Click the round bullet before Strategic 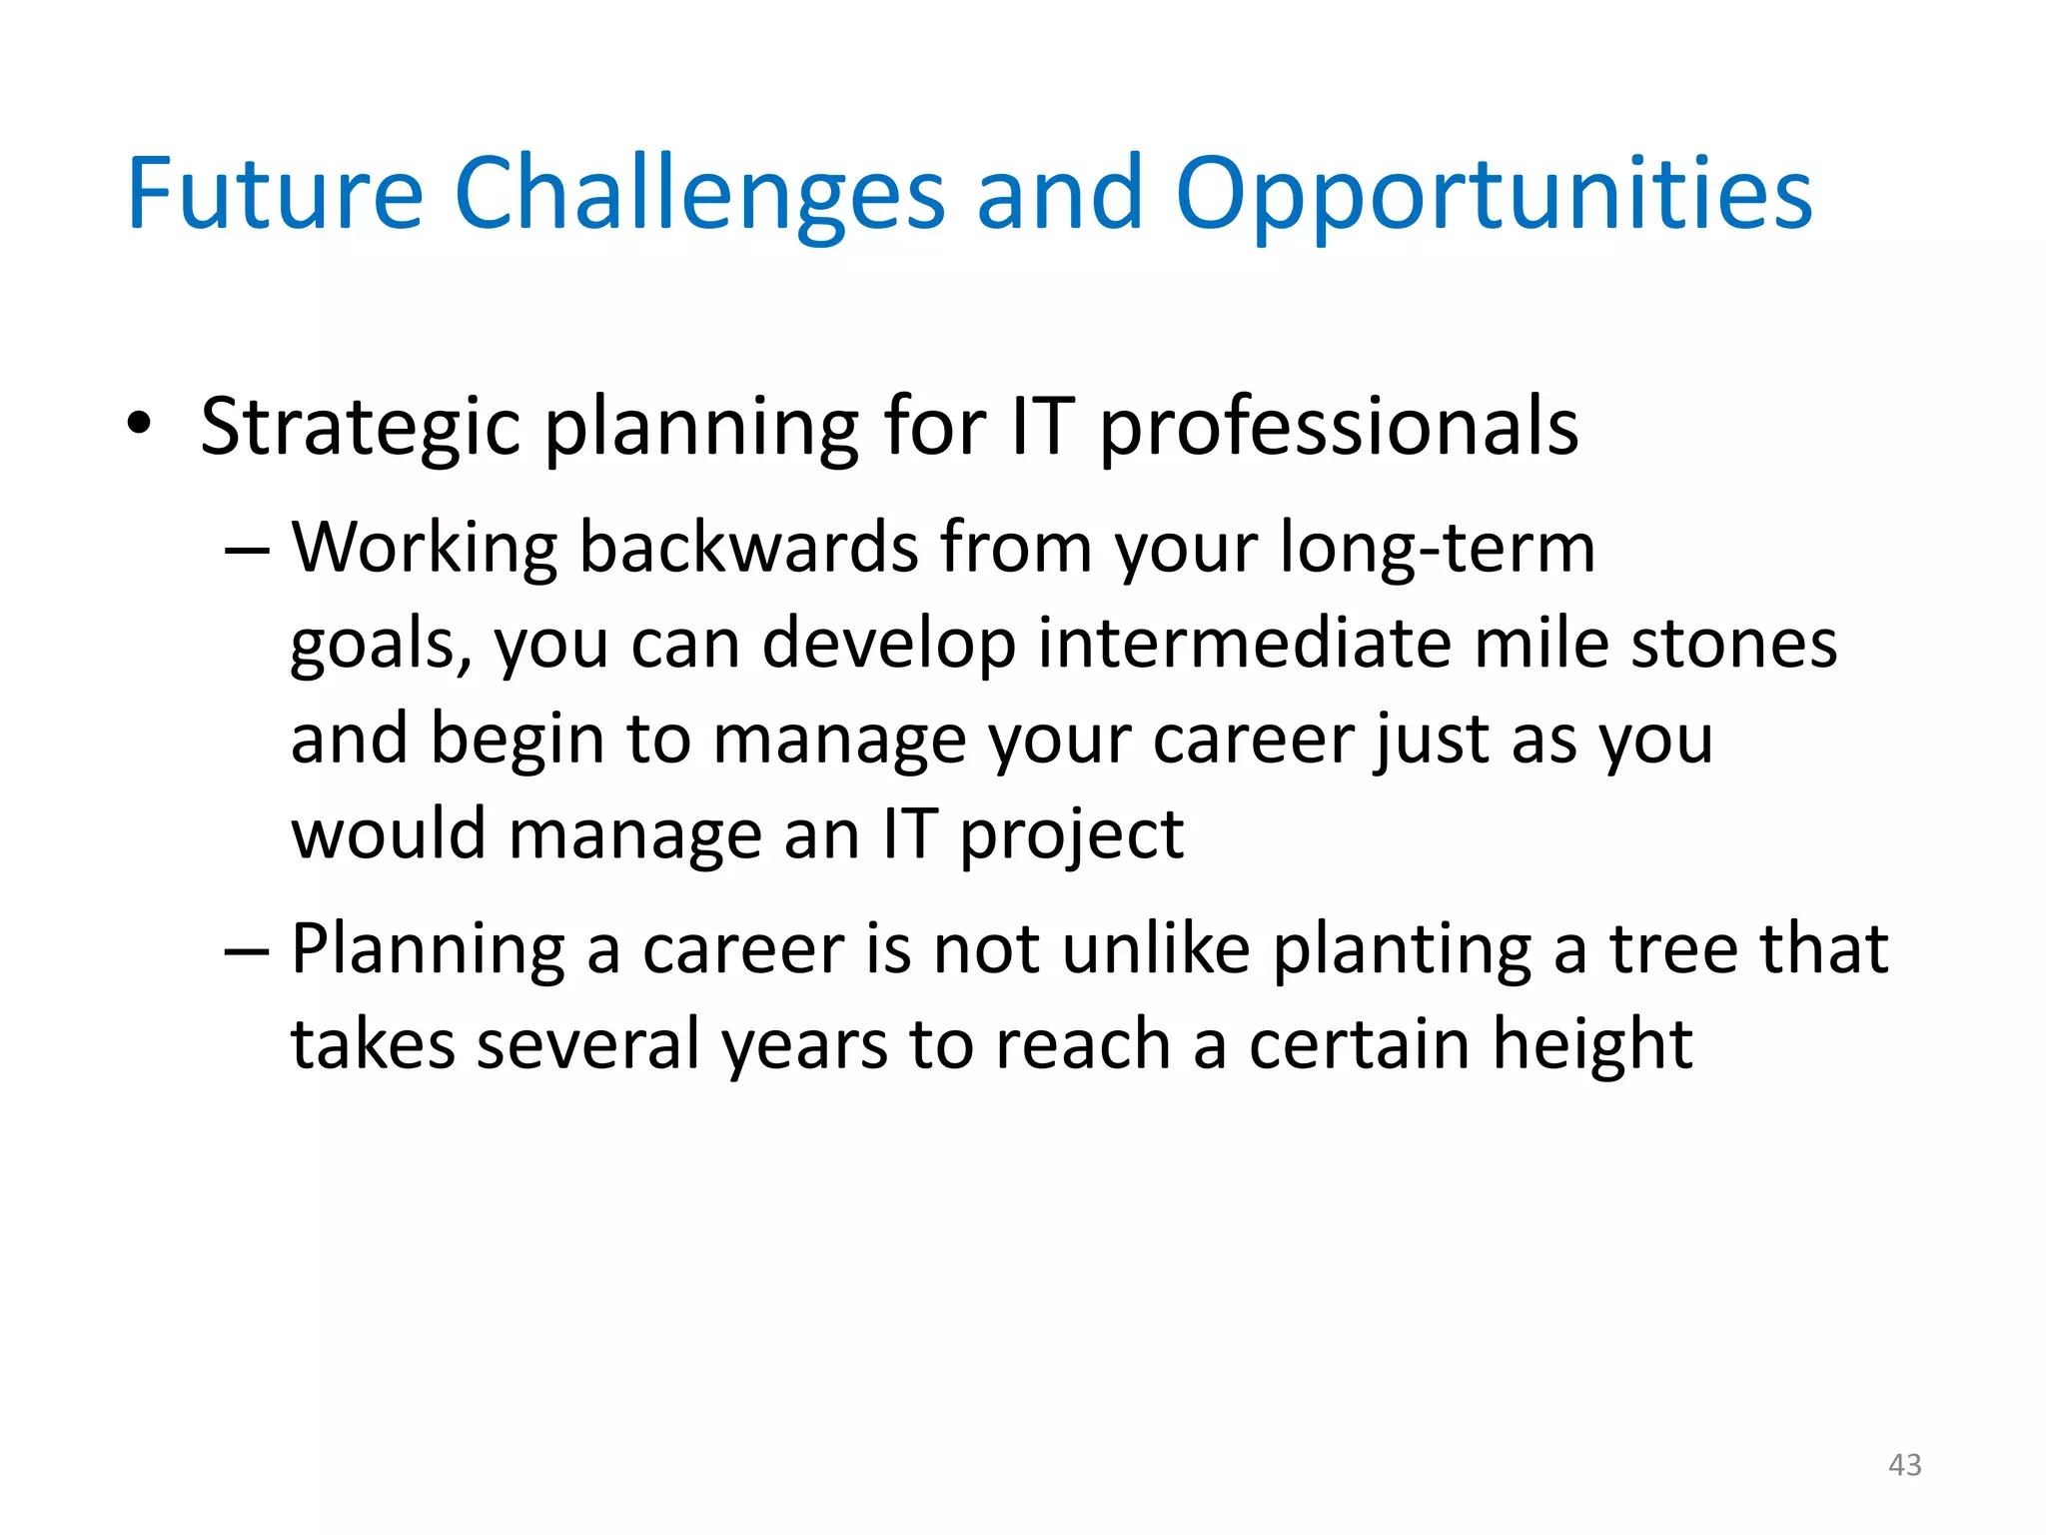(x=139, y=424)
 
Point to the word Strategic (x=360, y=428)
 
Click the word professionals (x=1339, y=428)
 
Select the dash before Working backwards (x=246, y=551)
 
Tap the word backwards (x=748, y=549)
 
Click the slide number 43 (x=1904, y=1465)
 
